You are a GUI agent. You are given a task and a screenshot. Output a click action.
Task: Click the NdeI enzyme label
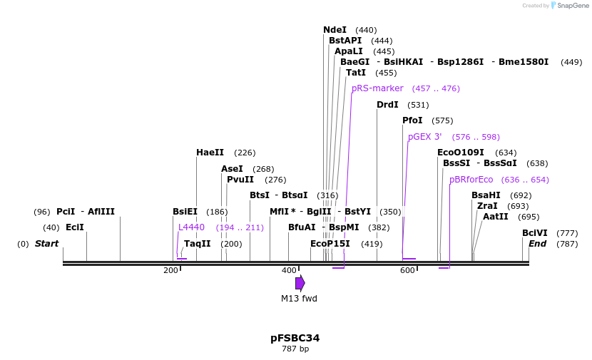pyautogui.click(x=335, y=30)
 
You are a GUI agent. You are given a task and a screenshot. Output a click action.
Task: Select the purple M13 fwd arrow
pyautogui.click(x=300, y=283)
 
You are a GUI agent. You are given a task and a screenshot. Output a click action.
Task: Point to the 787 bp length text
pyautogui.click(x=295, y=349)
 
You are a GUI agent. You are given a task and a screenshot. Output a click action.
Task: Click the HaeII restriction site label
pyautogui.click(x=210, y=153)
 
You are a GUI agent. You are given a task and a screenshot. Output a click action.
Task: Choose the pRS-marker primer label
pyautogui.click(x=377, y=88)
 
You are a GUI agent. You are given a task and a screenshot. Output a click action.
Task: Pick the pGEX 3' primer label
pyautogui.click(x=425, y=137)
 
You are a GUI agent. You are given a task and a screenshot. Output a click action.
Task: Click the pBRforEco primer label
pyautogui.click(x=471, y=180)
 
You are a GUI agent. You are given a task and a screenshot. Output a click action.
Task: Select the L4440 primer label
pyautogui.click(x=191, y=227)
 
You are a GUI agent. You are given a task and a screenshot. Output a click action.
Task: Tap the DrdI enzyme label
pyautogui.click(x=387, y=105)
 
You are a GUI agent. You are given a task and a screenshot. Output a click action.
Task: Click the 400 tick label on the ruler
pyautogui.click(x=289, y=271)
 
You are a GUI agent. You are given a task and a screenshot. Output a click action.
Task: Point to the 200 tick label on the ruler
pyautogui.click(x=170, y=271)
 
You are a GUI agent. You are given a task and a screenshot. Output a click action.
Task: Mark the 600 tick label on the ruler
pyautogui.click(x=407, y=271)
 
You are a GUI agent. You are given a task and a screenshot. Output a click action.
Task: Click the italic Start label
pyautogui.click(x=46, y=244)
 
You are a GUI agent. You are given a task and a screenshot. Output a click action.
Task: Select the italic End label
pyautogui.click(x=537, y=244)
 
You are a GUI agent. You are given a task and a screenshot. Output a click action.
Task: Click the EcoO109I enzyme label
pyautogui.click(x=461, y=153)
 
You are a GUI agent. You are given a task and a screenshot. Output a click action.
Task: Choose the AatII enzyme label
pyautogui.click(x=496, y=217)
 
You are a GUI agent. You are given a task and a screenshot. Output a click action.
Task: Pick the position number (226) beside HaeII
pyautogui.click(x=245, y=153)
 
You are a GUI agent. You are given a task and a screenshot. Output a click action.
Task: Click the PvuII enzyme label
pyautogui.click(x=240, y=180)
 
